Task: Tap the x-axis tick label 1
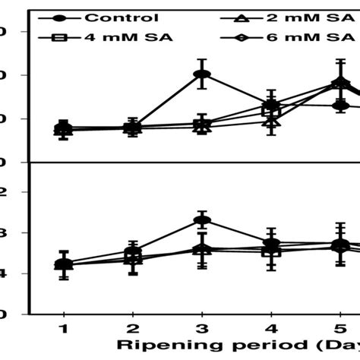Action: point(63,327)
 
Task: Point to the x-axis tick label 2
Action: point(132,327)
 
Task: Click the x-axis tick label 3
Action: point(201,327)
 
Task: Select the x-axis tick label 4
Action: point(270,327)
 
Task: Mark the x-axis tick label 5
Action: point(339,327)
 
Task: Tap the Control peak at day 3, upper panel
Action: point(201,74)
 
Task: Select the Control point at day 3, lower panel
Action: point(201,220)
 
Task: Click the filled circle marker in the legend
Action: point(62,17)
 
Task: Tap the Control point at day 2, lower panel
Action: point(132,251)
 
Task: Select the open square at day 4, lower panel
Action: point(270,251)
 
